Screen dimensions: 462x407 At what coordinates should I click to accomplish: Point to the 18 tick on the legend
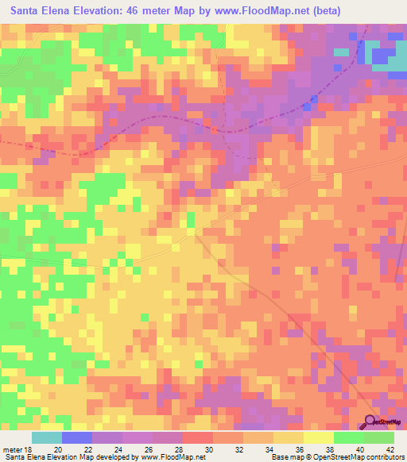[x=29, y=449]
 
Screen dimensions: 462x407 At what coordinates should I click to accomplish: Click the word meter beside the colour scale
[x=14, y=449]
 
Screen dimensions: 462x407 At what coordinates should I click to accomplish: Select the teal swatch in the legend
[x=46, y=437]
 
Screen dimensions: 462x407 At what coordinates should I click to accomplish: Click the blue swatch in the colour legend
[x=76, y=437]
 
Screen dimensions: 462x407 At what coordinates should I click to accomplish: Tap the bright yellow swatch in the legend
[x=319, y=437]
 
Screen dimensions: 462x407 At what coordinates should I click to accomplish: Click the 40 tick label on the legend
[x=361, y=449]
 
